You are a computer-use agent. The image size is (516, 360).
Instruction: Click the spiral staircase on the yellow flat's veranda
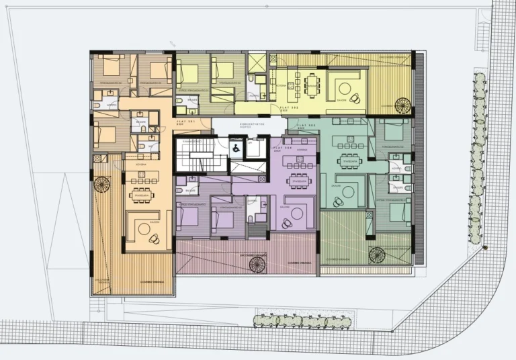(402, 105)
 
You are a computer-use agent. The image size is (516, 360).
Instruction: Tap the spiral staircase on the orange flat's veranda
(103, 184)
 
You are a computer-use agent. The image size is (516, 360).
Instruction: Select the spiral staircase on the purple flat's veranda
(258, 264)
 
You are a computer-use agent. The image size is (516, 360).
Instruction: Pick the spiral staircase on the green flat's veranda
(377, 255)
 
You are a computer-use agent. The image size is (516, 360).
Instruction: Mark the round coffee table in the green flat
(344, 192)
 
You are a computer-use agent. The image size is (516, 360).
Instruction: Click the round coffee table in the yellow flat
(346, 88)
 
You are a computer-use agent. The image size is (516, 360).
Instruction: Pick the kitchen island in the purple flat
(296, 162)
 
